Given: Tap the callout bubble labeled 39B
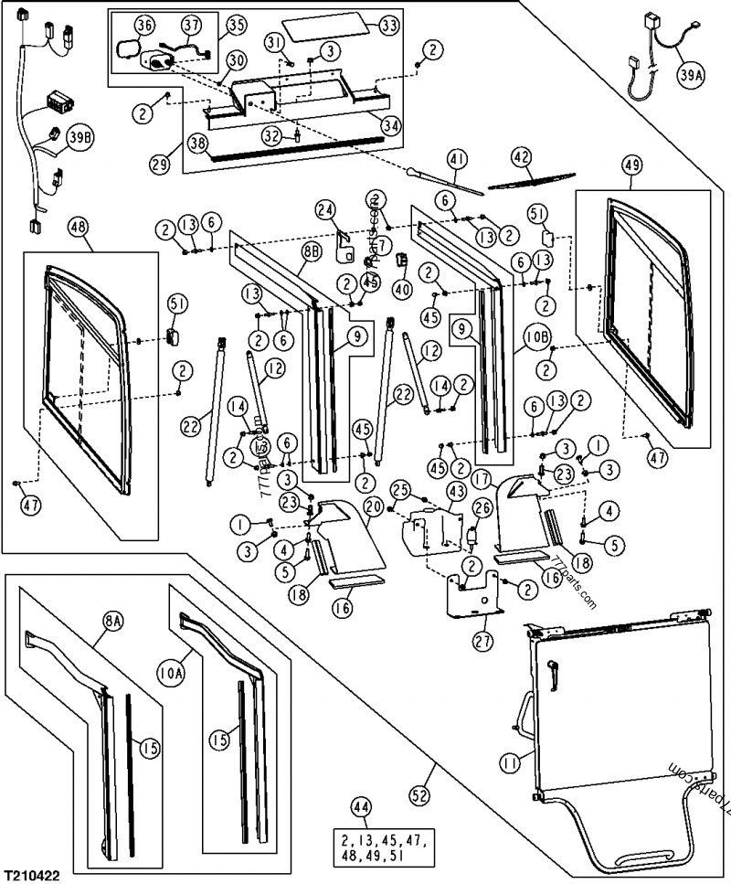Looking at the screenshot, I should [79, 137].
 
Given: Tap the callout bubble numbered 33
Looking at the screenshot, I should [388, 26].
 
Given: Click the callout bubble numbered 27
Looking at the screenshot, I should [483, 642].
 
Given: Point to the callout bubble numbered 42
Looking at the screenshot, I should [521, 156].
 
